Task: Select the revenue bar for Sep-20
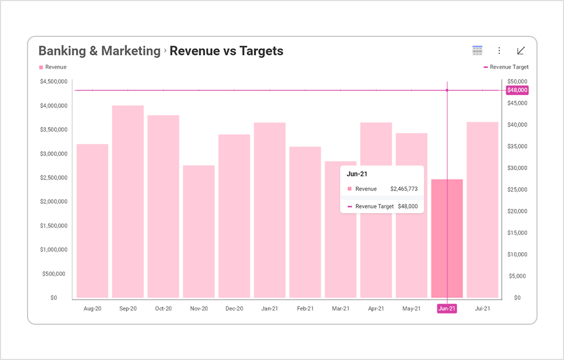(x=128, y=201)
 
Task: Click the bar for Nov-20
(x=199, y=232)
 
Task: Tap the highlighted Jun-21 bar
(x=447, y=238)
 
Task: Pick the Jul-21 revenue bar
(x=482, y=210)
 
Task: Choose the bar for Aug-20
(x=93, y=221)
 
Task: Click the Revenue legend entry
(x=53, y=67)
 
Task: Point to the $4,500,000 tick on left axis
(x=54, y=81)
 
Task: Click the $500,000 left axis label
(x=54, y=274)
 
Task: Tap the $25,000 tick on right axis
(x=517, y=189)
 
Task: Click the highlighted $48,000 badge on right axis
(x=517, y=90)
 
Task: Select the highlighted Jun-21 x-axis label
(x=447, y=309)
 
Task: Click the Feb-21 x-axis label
(x=305, y=309)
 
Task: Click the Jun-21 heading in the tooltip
(x=356, y=174)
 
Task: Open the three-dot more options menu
(x=499, y=51)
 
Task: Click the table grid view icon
(x=478, y=51)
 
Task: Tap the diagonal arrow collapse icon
(x=520, y=51)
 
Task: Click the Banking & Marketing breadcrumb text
(x=99, y=51)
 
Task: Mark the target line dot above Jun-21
(x=447, y=90)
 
